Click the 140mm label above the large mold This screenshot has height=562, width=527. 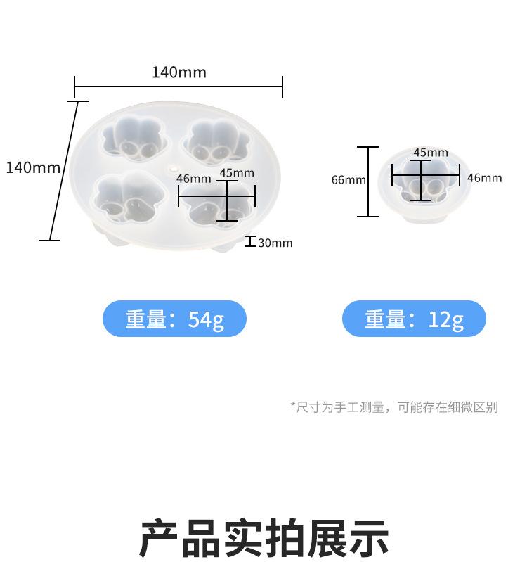click(178, 72)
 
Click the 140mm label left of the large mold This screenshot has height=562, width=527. click(33, 167)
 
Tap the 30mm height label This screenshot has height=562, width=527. click(275, 243)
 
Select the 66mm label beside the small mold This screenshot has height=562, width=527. click(349, 180)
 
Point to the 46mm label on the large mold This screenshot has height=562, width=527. click(193, 179)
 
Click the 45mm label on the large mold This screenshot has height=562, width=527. click(237, 172)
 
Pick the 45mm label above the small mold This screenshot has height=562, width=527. click(430, 153)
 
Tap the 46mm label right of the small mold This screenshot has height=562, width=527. click(485, 178)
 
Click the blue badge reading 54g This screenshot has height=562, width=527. click(174, 319)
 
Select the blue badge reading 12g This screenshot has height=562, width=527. click(414, 319)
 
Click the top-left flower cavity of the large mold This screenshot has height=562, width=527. click(136, 137)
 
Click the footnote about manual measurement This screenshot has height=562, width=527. click(394, 407)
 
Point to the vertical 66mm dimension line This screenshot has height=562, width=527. click(367, 181)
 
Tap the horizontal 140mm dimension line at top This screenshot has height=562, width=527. click(178, 87)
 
